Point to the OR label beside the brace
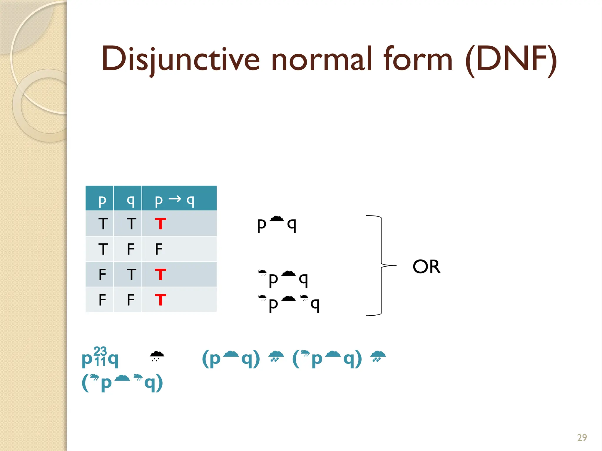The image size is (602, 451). coord(427,267)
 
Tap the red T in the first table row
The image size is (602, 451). coord(160,224)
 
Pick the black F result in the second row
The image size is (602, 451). coord(159,249)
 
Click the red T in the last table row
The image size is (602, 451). coord(160,300)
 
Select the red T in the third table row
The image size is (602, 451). coord(160,275)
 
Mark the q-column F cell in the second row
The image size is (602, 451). coord(131,249)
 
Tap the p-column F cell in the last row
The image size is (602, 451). coord(102,300)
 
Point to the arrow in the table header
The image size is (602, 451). coord(175,199)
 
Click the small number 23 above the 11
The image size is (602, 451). coord(100,351)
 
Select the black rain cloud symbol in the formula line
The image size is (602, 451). coord(157,356)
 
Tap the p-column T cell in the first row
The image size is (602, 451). coord(103,224)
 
